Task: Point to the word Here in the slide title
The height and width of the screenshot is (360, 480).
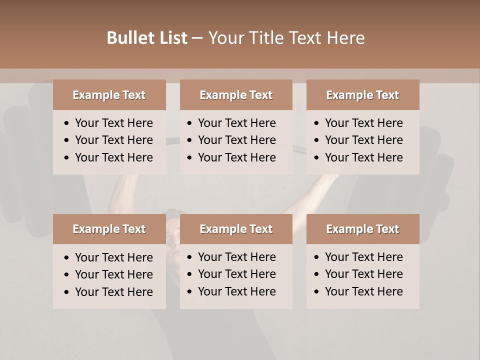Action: [345, 38]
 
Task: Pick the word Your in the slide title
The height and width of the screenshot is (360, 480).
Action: [224, 38]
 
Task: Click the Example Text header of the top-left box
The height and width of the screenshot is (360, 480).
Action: [109, 95]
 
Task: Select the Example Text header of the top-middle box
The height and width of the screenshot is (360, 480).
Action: [236, 95]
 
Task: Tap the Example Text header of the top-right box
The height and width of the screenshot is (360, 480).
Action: [362, 95]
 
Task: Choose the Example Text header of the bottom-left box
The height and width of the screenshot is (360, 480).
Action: [109, 229]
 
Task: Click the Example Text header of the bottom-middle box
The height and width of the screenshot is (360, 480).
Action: [236, 229]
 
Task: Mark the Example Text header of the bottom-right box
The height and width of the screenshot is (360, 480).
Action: [362, 229]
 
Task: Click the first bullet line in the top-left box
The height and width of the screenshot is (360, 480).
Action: [113, 123]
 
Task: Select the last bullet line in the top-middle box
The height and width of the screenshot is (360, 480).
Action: [236, 157]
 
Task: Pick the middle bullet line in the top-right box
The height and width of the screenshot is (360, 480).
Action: [363, 140]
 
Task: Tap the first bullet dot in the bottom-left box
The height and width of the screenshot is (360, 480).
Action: [67, 258]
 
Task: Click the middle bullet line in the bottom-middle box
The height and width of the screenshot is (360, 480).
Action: [236, 274]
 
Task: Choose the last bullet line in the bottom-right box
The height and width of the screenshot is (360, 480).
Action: [363, 291]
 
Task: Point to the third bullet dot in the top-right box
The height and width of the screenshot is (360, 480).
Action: [317, 158]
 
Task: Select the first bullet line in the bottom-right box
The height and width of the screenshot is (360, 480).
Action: [363, 257]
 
